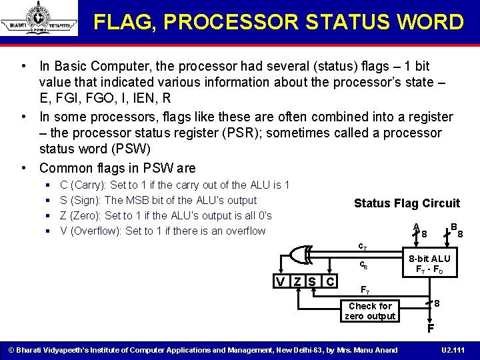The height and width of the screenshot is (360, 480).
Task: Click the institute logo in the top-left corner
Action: [39, 19]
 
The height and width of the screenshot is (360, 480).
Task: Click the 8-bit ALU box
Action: [429, 264]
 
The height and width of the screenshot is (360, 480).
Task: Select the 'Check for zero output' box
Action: [370, 311]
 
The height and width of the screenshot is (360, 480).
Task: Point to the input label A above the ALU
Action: [415, 227]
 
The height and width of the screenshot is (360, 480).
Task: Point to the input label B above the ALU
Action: [453, 227]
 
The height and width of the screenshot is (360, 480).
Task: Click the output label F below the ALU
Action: [431, 329]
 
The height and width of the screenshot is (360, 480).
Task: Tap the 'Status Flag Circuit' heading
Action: [407, 203]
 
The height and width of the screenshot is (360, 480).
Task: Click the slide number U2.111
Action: [453, 350]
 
